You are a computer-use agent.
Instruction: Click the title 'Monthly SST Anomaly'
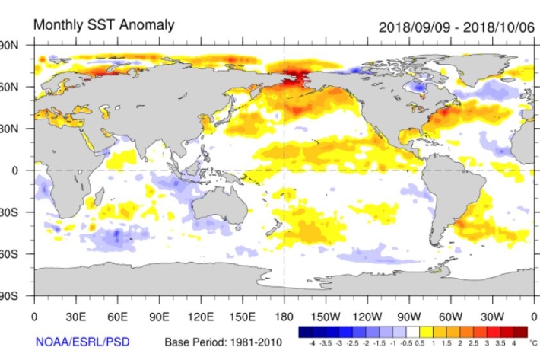pos(103,25)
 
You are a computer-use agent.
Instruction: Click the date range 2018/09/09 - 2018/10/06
pos(457,27)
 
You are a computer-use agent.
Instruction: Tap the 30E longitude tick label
pos(75,316)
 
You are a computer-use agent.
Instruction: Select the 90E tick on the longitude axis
pos(159,316)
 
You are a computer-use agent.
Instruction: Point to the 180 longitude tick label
pos(284,316)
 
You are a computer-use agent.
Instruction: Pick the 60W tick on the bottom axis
pos(450,316)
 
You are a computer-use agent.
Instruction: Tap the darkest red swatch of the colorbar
pos(520,332)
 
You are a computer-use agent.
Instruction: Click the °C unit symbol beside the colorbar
pos(533,343)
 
